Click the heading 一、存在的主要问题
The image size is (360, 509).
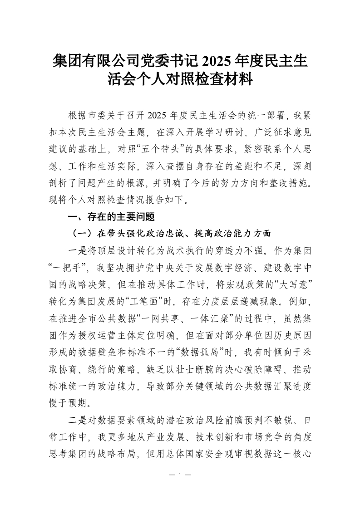point(111,217)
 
